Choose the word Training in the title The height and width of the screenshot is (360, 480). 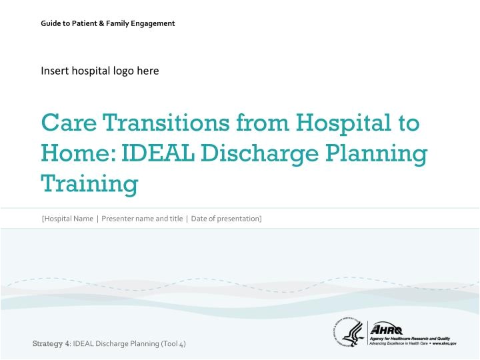coord(89,183)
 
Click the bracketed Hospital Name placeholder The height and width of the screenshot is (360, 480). coord(67,219)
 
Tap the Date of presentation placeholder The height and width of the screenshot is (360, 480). coord(226,219)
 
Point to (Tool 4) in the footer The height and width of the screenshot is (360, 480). coord(173,343)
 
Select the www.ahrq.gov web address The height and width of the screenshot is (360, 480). coord(443,343)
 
